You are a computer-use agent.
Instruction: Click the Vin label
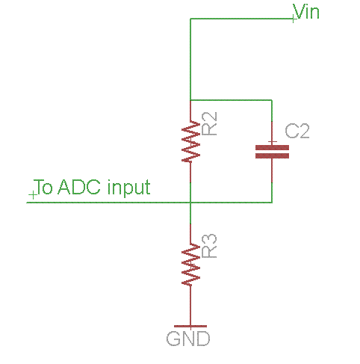point(306,11)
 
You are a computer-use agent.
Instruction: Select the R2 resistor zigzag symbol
point(191,142)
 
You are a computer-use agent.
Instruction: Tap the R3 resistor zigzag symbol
point(191,265)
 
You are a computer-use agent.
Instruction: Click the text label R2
point(209,123)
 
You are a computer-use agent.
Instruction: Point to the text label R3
point(209,246)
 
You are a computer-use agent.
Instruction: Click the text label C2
point(297,131)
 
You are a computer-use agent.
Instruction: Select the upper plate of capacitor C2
point(272,147)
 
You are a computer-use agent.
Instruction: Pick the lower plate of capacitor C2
point(272,156)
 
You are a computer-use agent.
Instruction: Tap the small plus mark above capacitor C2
point(273,142)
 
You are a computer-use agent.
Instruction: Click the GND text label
point(188,339)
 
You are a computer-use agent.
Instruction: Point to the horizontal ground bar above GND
point(190,326)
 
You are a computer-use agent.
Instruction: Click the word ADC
point(79,187)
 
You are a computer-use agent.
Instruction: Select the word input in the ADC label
point(129,188)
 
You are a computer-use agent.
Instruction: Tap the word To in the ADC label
point(43,187)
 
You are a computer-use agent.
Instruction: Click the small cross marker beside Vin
point(294,18)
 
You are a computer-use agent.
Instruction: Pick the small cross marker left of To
point(33,195)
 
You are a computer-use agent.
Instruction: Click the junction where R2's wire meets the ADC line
point(190,203)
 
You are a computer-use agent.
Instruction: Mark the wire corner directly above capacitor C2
point(272,100)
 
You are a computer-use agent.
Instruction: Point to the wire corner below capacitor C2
point(272,203)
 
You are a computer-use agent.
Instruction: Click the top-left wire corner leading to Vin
point(190,19)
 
